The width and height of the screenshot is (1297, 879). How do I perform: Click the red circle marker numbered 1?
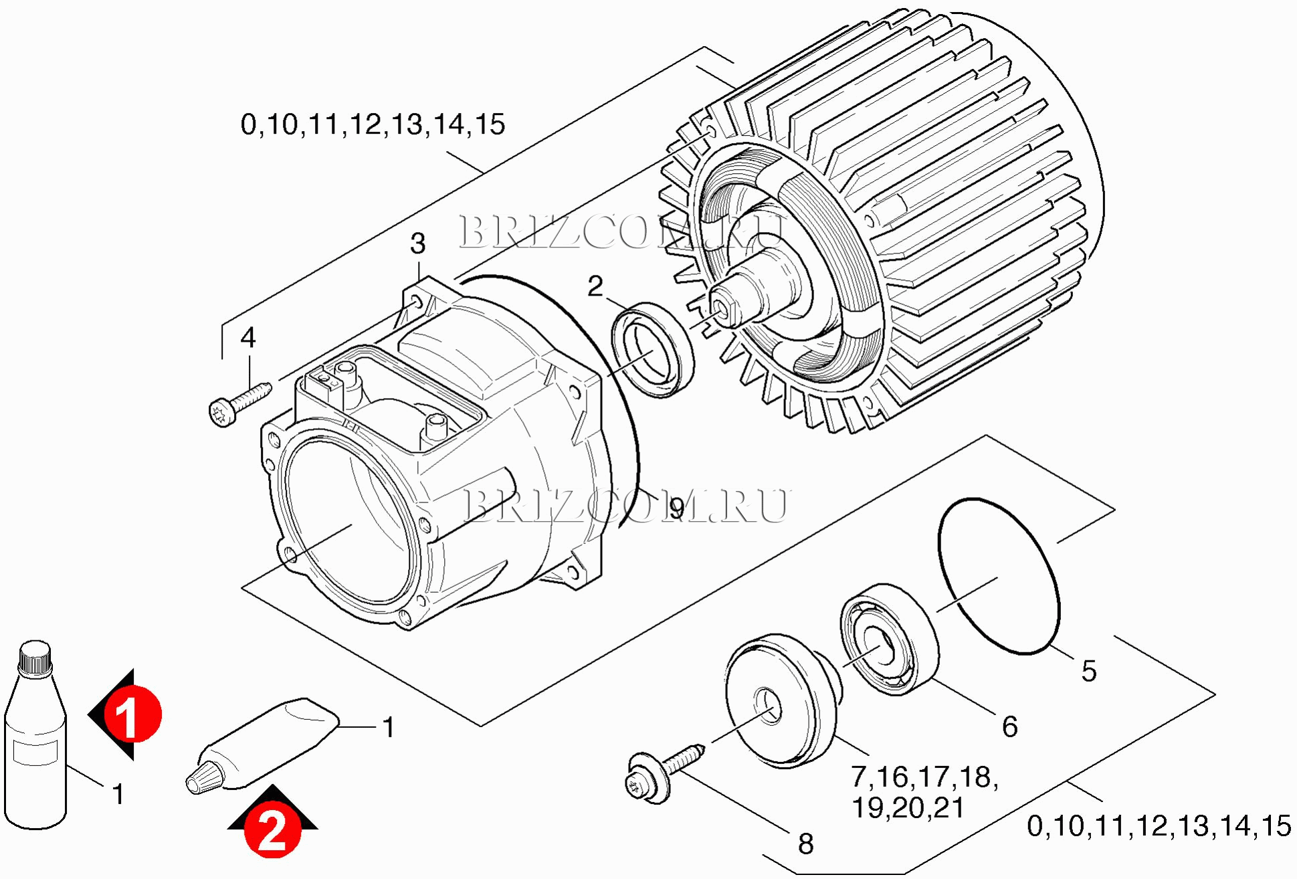coord(132,714)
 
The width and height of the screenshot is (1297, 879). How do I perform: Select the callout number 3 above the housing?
coord(417,244)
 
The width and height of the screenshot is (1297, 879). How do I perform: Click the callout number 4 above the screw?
coord(248,338)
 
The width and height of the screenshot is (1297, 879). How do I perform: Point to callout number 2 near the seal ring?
coord(595,286)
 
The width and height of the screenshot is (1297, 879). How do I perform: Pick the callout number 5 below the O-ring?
coord(1089,671)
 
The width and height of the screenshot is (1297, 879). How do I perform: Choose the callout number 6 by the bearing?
coord(1010,726)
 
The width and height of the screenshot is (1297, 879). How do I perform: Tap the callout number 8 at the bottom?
coord(805,844)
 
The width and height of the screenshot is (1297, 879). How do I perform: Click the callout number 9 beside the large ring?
coord(677,509)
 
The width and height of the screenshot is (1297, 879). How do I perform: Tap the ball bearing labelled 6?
coord(889,640)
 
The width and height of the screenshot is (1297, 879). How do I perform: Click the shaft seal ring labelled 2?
coord(653,350)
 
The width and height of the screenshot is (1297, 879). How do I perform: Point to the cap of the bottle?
coord(35,659)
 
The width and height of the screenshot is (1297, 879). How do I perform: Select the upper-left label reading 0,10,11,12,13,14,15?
coord(373,124)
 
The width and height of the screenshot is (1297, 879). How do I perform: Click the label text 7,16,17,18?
coord(925,777)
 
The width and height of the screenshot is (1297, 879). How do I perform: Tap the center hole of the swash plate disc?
coord(769,706)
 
